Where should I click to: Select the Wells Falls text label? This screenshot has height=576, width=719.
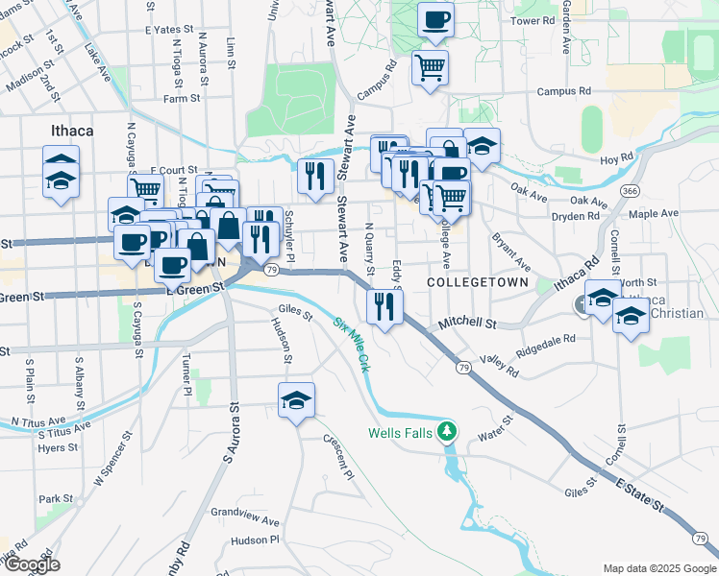coord(401,433)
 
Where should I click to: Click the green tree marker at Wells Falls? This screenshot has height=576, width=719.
coord(446,432)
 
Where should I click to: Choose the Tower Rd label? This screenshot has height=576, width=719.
coord(533,20)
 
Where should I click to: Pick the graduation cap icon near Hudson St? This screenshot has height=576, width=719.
coord(297,401)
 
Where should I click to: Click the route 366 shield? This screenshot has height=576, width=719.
coord(630,191)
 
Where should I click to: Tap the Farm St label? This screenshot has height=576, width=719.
coord(181,98)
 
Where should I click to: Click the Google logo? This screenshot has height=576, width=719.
coord(32,564)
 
